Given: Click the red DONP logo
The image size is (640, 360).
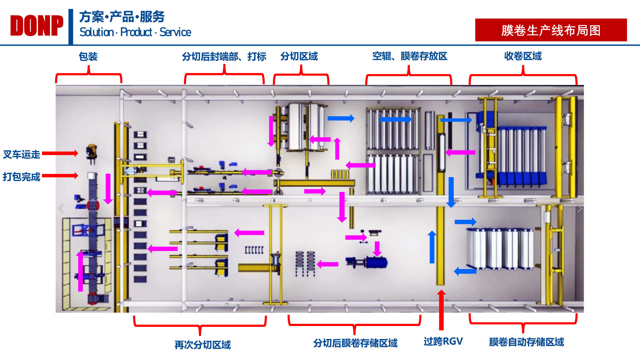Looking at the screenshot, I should [x=37, y=26].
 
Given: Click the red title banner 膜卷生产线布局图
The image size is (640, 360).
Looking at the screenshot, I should [x=551, y=30].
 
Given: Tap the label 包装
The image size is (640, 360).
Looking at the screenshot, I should [x=88, y=57].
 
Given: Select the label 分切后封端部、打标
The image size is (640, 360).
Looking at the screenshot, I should [x=224, y=57].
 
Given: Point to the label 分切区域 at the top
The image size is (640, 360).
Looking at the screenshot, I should [x=299, y=56].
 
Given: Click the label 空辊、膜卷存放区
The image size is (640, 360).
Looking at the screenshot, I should [x=410, y=56].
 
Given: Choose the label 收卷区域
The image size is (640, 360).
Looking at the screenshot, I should [x=523, y=56].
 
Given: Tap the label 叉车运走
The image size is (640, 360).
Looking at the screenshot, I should [x=22, y=154].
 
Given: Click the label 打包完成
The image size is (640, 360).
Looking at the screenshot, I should [x=22, y=177].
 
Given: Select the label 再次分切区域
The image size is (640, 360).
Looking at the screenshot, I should [x=203, y=345].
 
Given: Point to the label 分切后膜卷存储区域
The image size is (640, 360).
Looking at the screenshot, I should [x=355, y=343].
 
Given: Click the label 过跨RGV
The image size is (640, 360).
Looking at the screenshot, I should [x=443, y=341].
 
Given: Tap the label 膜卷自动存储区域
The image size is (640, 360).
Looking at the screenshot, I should [x=526, y=342].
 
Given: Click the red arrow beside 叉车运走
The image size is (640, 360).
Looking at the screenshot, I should [x=60, y=153].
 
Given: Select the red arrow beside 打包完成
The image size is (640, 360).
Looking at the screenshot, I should [x=60, y=176].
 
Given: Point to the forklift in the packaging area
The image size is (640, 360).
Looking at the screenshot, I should [x=91, y=152].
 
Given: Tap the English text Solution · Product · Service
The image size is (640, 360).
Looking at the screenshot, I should [x=135, y=32].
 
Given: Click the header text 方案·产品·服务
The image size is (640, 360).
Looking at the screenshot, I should [x=122, y=17].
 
